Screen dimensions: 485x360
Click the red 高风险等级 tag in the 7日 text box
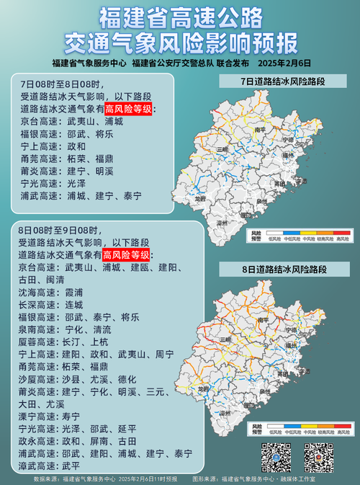coord(129,110)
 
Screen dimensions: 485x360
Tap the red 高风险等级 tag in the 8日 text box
coord(126,255)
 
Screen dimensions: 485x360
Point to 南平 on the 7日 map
coord(261,130)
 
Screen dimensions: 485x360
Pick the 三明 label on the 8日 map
coord(225,338)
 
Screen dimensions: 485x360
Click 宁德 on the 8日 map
coord(290,330)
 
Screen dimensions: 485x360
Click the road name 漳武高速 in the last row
coord(40,466)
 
